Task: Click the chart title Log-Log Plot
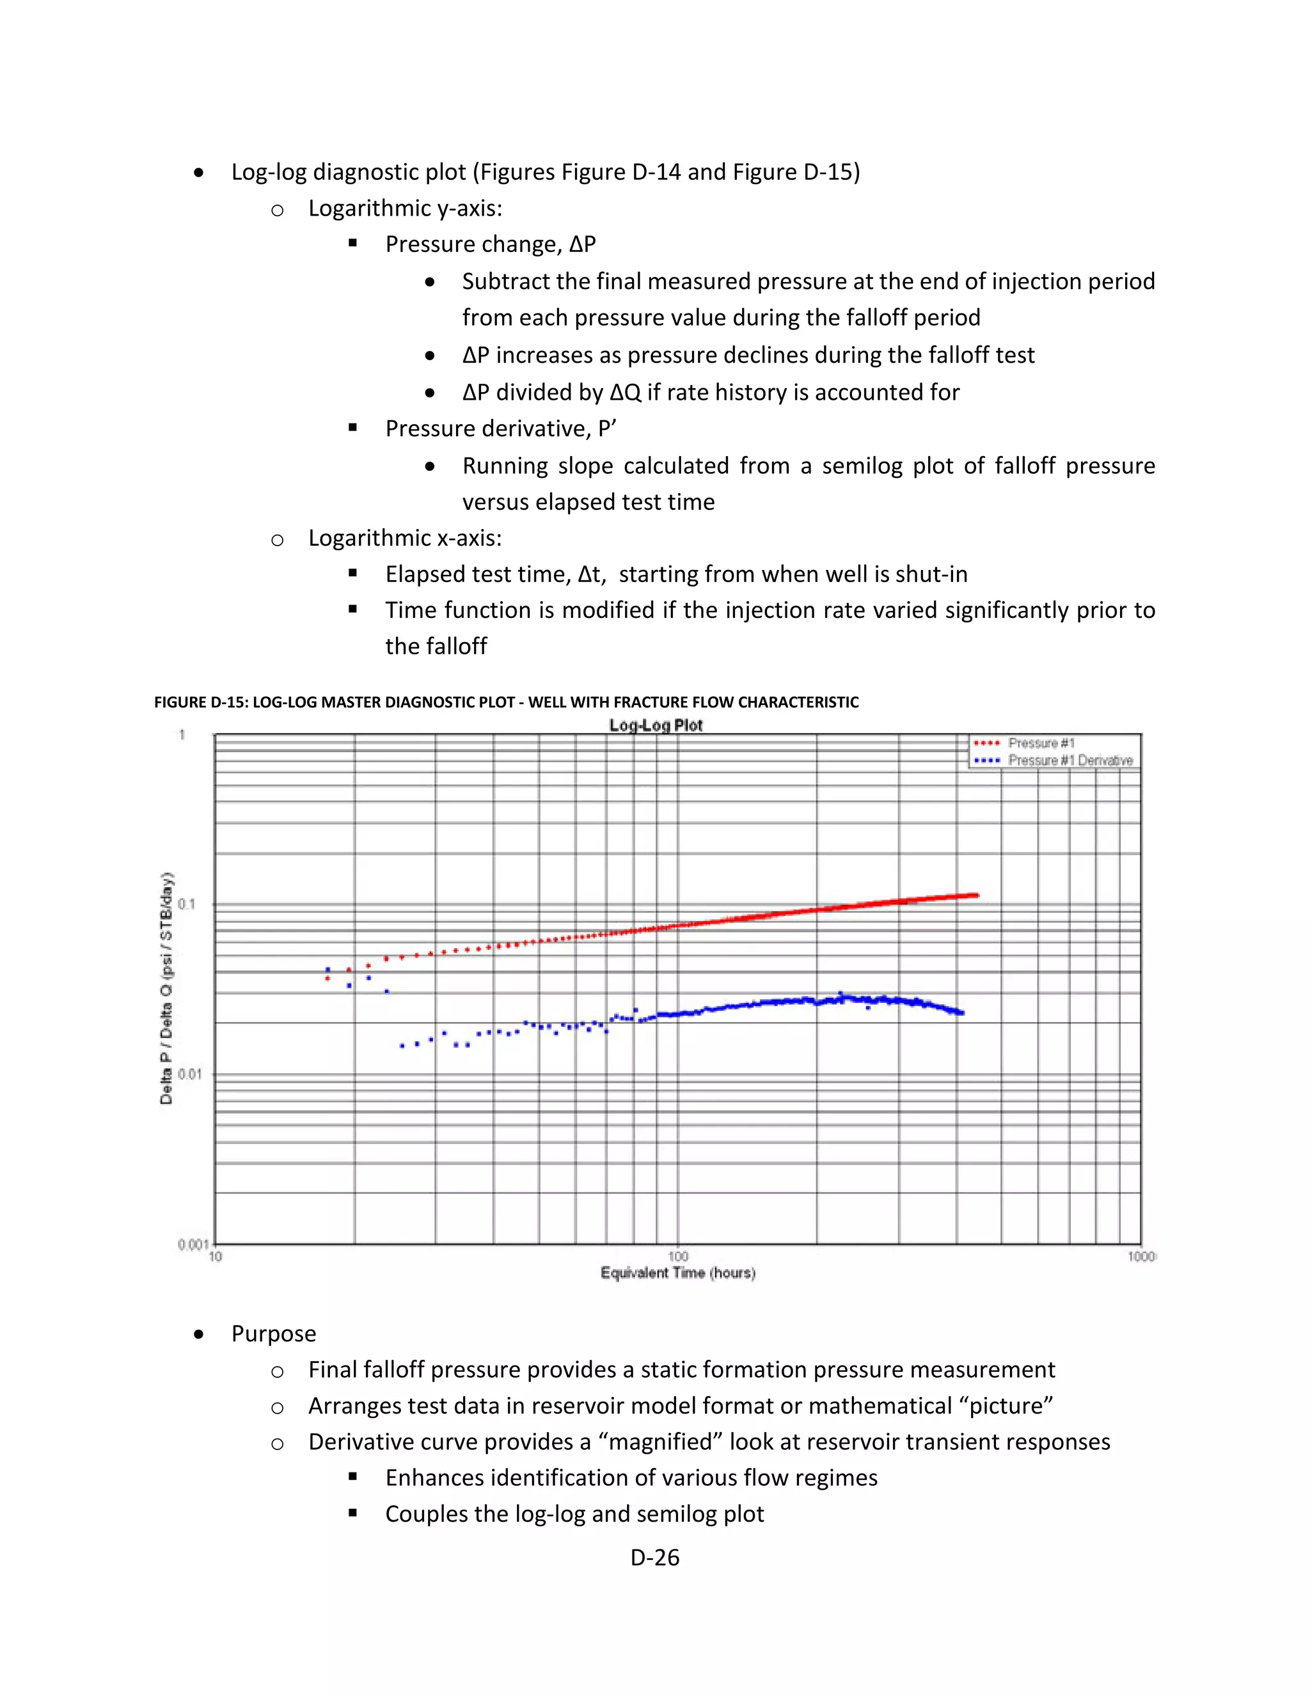coord(656,726)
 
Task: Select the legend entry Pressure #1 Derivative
coord(1069,761)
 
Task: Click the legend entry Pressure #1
coord(1041,743)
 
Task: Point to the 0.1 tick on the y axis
coord(187,904)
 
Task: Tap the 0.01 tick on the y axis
coord(189,1074)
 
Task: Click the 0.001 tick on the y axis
coord(192,1245)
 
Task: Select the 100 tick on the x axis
coord(677,1256)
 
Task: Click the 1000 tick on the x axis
coord(1141,1256)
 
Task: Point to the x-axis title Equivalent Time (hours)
coord(677,1273)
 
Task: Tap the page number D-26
coord(654,1557)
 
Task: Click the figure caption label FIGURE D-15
coord(200,702)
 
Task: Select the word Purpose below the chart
coord(273,1334)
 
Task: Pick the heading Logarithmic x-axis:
coord(404,538)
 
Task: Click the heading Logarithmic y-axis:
coord(404,208)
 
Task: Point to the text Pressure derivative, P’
coord(501,429)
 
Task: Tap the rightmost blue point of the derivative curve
coord(962,1013)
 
